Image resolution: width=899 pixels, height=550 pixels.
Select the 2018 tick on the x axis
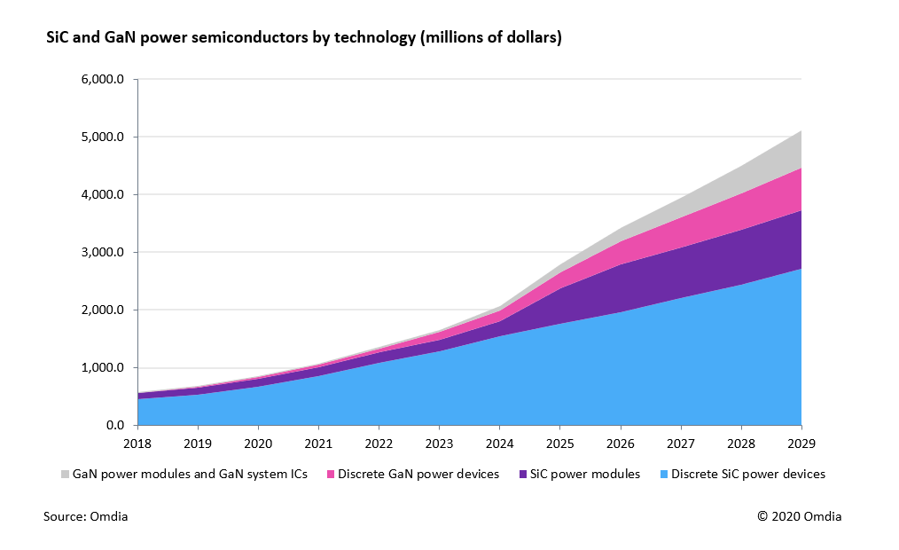click(137, 443)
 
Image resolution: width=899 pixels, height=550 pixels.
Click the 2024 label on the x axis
click(499, 443)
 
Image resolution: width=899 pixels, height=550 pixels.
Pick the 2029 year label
click(801, 443)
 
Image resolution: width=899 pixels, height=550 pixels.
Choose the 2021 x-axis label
click(318, 443)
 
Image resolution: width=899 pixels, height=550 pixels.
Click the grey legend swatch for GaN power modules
click(66, 475)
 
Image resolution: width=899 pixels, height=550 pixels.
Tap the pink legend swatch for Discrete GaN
click(332, 475)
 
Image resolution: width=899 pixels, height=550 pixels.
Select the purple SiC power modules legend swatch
click(523, 475)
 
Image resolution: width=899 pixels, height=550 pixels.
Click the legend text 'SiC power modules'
click(585, 475)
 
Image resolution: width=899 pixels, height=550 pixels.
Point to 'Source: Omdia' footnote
click(85, 517)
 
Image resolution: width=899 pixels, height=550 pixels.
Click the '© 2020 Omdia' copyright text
click(800, 517)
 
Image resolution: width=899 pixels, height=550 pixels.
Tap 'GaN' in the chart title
click(113, 39)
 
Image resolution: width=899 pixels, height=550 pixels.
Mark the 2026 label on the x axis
click(620, 443)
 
